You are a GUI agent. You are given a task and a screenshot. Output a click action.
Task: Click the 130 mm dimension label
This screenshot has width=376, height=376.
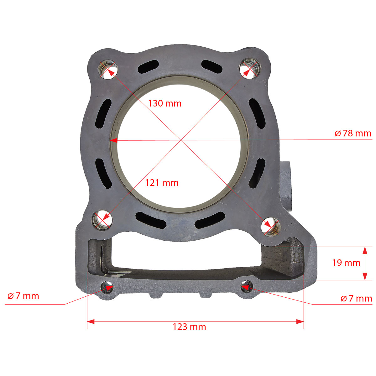coord(165,103)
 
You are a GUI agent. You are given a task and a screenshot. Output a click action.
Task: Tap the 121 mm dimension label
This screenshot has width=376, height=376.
coord(162,183)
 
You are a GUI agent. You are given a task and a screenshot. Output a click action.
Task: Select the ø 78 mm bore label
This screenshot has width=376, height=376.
coord(353,133)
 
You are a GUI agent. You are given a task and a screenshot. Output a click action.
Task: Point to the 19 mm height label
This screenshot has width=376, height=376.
coord(346,263)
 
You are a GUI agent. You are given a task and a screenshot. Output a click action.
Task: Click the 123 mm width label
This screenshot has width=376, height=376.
coord(189,327)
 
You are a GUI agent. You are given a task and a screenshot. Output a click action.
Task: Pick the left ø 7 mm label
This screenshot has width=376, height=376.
coord(23,296)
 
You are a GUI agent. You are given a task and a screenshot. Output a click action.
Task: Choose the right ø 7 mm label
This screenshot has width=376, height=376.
coord(356,299)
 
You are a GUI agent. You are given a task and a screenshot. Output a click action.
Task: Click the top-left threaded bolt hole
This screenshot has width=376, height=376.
coord(107,70)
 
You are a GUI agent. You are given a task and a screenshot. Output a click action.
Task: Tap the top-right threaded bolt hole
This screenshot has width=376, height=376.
coord(250,69)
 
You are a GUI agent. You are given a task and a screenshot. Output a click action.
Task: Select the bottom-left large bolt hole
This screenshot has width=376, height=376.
coord(102,220)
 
